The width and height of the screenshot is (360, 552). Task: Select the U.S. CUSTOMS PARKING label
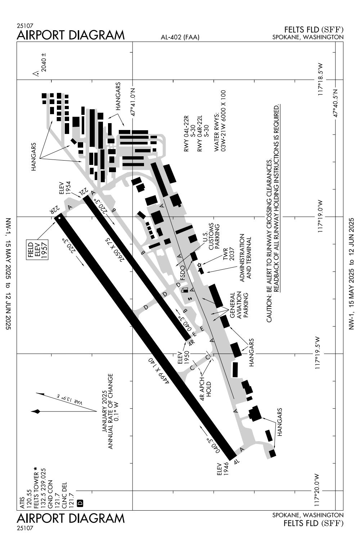pos(211,237)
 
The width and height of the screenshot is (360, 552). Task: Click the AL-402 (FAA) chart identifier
pos(180,37)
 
